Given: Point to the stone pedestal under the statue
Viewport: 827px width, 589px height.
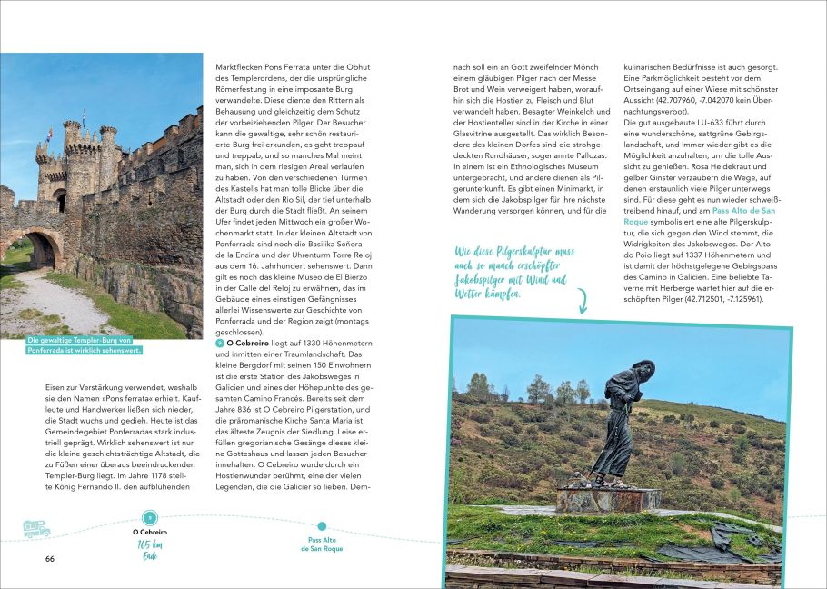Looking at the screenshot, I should pyautogui.click(x=609, y=498).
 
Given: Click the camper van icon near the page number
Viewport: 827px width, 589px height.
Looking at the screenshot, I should pyautogui.click(x=36, y=527).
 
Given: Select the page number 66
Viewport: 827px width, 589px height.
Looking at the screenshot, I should pyautogui.click(x=50, y=558).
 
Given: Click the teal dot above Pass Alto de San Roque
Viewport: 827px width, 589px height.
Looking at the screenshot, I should pyautogui.click(x=322, y=525).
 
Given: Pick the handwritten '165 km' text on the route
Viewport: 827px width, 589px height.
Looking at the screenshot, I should pyautogui.click(x=151, y=544).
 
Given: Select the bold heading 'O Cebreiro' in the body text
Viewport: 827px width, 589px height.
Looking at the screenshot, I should pyautogui.click(x=244, y=343).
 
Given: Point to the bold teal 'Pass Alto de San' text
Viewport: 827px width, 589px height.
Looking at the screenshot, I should pyautogui.click(x=749, y=209).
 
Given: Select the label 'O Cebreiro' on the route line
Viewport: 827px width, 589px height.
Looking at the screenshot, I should pyautogui.click(x=151, y=531).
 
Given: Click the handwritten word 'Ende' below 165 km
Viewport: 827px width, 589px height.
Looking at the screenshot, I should pyautogui.click(x=151, y=557).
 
